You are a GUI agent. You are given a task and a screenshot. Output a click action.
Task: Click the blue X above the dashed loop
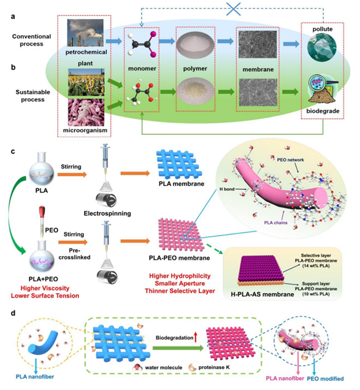pos(234,9)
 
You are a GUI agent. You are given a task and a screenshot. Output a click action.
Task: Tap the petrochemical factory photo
pos(85,32)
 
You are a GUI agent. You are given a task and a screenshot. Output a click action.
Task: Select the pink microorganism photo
pos(86,112)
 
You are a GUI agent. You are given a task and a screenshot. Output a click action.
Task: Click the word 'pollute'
pos(323,29)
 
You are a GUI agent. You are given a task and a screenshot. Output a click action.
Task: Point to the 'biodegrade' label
pos(323,111)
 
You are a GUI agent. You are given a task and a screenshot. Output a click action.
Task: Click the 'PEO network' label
pos(290,159)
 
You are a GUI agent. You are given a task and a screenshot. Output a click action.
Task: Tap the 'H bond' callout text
pos(227,189)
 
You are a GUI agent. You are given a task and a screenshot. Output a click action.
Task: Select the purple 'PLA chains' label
pos(275,223)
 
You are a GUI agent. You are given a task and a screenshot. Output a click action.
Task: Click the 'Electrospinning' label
pos(107,213)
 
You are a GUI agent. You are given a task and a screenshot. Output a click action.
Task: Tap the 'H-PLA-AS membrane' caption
pos(262,294)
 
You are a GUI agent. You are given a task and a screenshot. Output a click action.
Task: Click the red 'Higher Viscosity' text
pos(45,288)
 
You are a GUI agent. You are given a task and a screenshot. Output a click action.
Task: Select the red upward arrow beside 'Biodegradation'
pos(196,337)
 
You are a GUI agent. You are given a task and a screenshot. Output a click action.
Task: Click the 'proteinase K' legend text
pos(214,367)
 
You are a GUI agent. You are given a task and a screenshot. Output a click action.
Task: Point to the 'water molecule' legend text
pos(164,367)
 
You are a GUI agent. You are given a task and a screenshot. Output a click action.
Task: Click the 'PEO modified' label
pos(326,379)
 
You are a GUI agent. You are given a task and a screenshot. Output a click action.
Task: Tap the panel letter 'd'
pos(13,313)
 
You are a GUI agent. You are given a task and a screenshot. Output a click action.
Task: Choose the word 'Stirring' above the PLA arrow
pos(71,167)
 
